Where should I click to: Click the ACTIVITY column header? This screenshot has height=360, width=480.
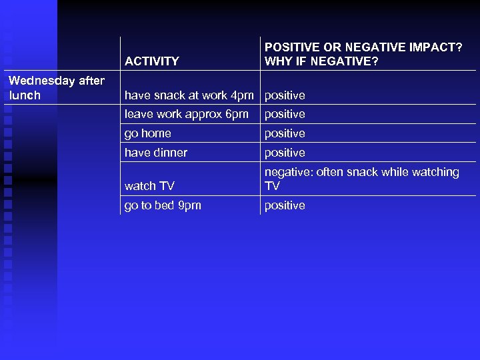(151, 61)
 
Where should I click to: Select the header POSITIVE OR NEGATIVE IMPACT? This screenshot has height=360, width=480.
(363, 47)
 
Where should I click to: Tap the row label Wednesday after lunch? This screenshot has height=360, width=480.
(56, 88)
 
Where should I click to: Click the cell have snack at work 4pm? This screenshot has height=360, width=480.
(189, 95)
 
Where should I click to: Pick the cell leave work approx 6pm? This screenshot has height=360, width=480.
(186, 114)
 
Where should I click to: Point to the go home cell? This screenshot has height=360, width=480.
(147, 133)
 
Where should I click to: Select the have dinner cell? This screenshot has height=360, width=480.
(155, 153)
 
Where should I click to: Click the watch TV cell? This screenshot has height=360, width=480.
(149, 186)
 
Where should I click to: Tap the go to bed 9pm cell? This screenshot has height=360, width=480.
(162, 205)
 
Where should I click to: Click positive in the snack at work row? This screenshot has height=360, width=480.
(285, 95)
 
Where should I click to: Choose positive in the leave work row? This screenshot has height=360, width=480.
(285, 114)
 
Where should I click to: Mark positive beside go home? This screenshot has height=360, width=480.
(285, 133)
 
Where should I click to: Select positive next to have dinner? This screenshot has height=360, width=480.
(285, 153)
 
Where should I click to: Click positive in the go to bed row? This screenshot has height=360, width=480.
(285, 205)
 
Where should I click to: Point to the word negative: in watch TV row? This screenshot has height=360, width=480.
(289, 172)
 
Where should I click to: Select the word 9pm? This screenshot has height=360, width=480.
(189, 205)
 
